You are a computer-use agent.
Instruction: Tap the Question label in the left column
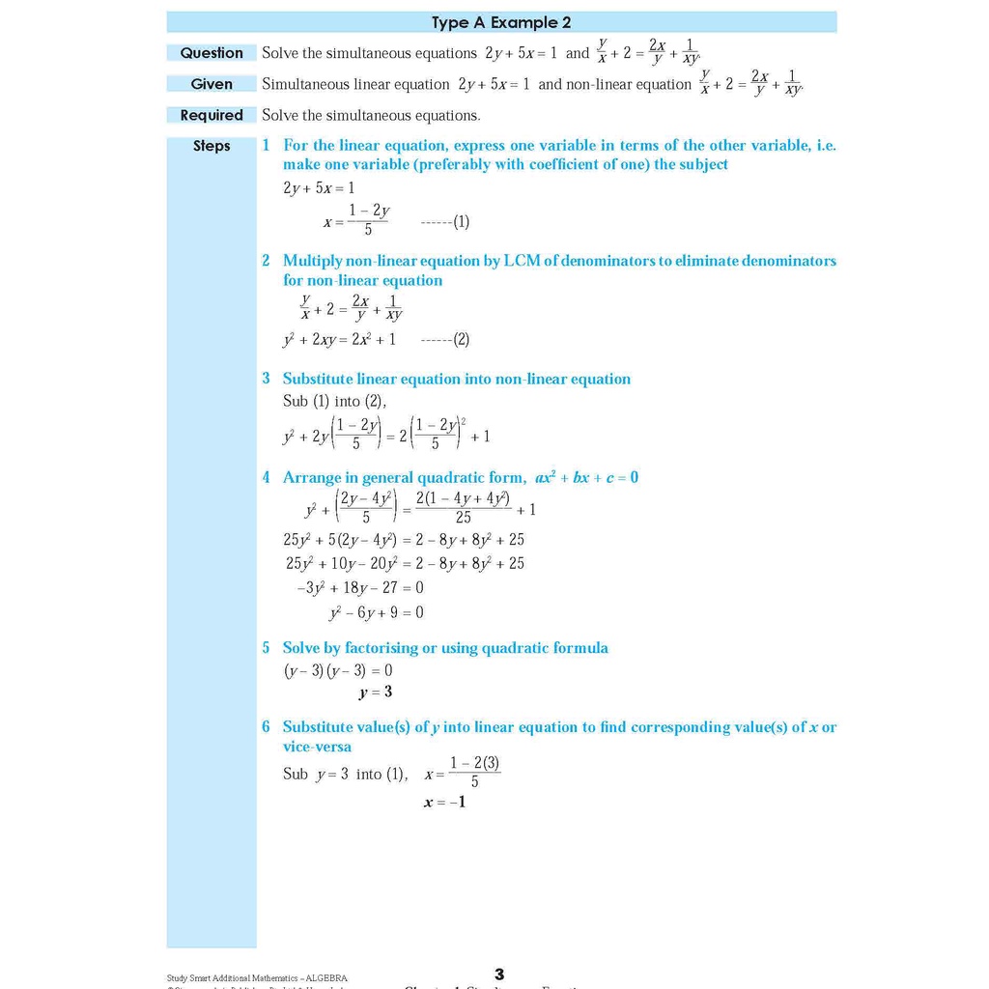click(x=212, y=53)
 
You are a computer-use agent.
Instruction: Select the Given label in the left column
click(x=212, y=84)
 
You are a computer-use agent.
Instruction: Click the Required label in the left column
click(x=212, y=115)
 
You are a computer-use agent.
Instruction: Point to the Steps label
click(x=212, y=146)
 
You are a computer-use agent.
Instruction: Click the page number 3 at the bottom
click(x=499, y=975)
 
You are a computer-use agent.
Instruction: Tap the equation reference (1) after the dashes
click(x=461, y=222)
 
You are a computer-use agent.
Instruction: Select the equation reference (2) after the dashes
click(x=461, y=340)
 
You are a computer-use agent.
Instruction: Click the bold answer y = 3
click(x=376, y=692)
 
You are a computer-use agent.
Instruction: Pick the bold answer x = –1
click(x=445, y=802)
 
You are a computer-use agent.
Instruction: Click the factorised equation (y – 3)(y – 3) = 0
click(x=338, y=670)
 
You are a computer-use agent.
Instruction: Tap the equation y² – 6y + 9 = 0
click(x=377, y=612)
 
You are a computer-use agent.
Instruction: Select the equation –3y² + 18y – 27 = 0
click(x=359, y=587)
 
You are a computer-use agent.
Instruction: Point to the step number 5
click(x=267, y=648)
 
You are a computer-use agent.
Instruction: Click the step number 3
click(x=267, y=379)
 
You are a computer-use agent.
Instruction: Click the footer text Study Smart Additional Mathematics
click(x=257, y=977)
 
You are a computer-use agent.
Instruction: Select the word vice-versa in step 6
click(x=317, y=747)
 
